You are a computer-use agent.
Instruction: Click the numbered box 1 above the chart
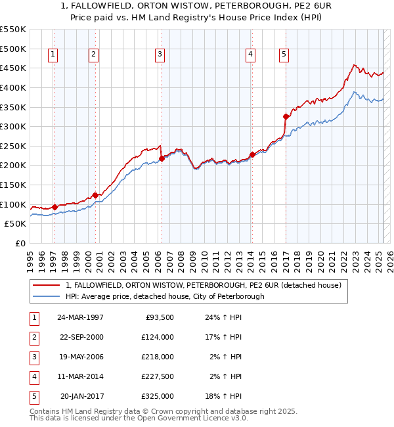(x=53, y=55)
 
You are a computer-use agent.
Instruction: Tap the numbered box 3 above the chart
(x=160, y=55)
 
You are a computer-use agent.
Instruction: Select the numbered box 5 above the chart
(x=284, y=55)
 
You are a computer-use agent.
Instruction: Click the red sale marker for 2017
(x=286, y=116)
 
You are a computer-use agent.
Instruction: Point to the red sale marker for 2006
(x=162, y=158)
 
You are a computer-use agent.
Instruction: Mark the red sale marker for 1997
(x=55, y=207)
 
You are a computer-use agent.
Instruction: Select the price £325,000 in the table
(x=158, y=396)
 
